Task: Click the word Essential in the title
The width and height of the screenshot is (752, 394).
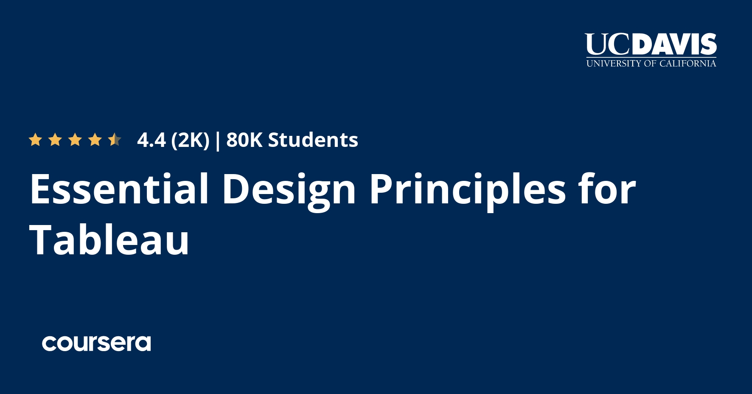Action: (119, 189)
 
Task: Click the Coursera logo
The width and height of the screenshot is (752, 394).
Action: (96, 343)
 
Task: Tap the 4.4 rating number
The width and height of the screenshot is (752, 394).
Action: (152, 140)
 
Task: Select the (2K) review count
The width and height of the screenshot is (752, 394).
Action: (190, 141)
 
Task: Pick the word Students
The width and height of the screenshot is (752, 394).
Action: (313, 140)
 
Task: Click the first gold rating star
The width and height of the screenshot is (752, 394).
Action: (35, 140)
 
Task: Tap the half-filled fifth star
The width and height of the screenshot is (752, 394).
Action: (115, 140)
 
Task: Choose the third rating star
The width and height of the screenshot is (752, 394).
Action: (75, 140)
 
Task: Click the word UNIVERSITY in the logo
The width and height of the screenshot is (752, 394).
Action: (614, 64)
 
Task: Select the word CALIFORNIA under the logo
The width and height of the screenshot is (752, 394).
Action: (687, 64)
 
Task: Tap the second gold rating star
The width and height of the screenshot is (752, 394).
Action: (55, 140)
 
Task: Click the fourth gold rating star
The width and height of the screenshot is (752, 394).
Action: (95, 140)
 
